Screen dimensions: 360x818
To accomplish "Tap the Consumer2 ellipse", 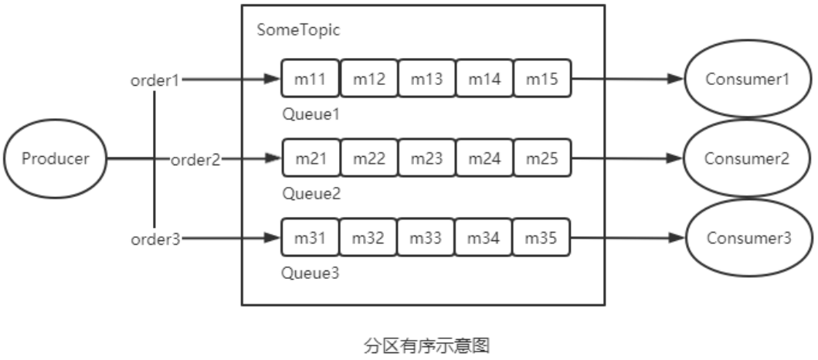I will pos(747,159).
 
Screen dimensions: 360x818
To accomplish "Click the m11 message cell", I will pos(311,79).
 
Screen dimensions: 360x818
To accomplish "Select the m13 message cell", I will pos(426,79).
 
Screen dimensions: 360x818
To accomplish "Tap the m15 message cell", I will pos(542,79).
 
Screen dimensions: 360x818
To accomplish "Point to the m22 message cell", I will pos(368,158).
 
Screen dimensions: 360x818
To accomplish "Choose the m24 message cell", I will pos(484,158).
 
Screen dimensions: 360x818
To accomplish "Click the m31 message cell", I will pos(311,239).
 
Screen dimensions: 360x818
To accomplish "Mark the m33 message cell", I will pos(426,239).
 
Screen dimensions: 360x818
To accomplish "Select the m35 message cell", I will pos(542,239).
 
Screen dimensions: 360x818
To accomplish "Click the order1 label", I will pos(154,80).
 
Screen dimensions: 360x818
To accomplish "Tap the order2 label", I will pos(195,160).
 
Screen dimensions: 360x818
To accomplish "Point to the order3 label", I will pos(154,239).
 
